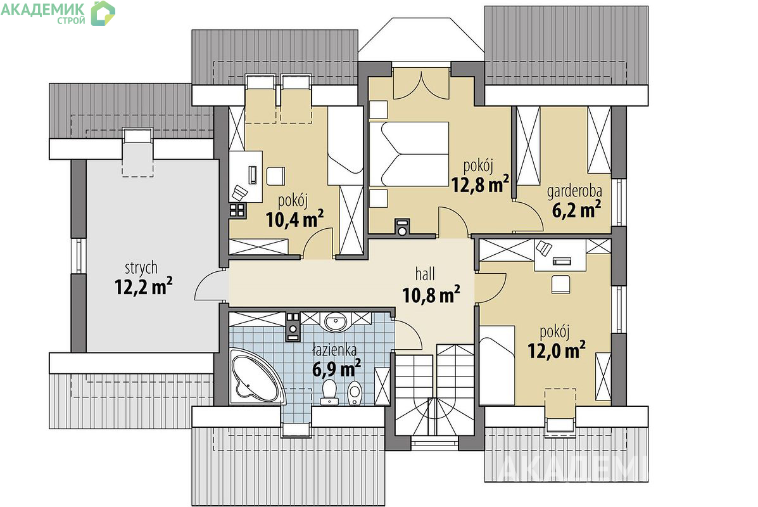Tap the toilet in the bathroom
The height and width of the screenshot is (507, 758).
point(329,392)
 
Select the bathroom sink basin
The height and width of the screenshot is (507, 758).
point(334,322)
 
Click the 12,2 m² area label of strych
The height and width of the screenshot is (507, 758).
point(144,287)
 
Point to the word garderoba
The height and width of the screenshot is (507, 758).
point(574,192)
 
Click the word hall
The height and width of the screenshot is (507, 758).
point(425,274)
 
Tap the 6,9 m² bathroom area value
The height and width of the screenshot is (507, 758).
point(336,369)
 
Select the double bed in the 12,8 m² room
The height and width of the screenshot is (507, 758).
point(409,154)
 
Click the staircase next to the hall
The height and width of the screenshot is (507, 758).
point(434,390)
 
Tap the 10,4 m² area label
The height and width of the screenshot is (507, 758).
point(295,219)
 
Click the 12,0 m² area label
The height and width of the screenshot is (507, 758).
point(557,350)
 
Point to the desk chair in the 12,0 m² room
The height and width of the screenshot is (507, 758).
point(560,284)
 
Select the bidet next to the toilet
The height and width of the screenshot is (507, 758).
point(355,392)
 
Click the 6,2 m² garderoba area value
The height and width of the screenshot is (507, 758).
point(577,210)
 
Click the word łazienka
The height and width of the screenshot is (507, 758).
point(334,349)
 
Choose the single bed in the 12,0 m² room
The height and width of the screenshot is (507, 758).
point(497,365)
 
